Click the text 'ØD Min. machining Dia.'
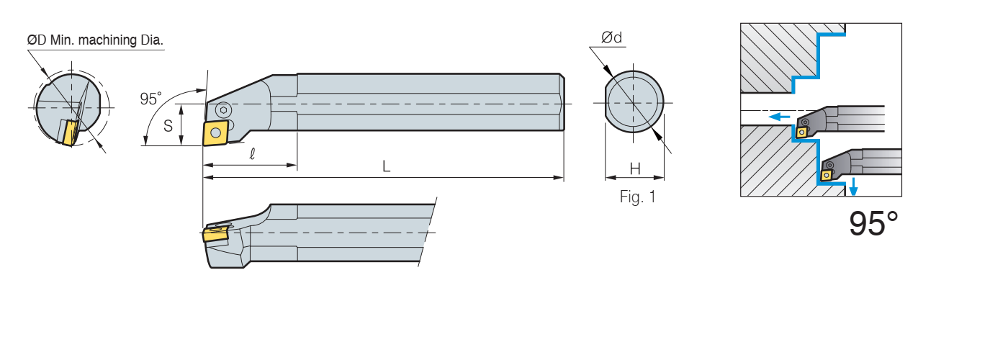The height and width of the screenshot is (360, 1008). [95, 40]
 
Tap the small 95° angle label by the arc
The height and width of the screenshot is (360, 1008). [150, 99]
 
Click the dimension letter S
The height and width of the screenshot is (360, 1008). [168, 126]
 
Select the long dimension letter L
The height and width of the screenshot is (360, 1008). [386, 166]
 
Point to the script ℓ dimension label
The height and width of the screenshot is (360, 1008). [252, 154]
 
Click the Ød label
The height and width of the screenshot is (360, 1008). [612, 37]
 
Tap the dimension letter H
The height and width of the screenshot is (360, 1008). [635, 169]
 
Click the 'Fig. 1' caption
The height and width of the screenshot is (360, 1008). [638, 197]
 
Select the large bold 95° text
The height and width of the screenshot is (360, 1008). [873, 224]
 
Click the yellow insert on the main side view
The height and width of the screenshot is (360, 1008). [217, 132]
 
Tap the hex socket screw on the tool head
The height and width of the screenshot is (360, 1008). [222, 109]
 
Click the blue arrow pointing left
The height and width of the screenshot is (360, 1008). [779, 117]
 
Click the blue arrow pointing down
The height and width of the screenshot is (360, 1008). [852, 186]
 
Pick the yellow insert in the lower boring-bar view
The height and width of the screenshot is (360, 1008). [214, 235]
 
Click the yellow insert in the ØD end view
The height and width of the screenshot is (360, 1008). [70, 132]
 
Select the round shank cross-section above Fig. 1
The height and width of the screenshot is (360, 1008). [634, 102]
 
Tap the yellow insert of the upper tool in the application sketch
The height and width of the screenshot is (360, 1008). [801, 132]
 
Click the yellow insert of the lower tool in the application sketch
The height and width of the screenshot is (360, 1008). [827, 175]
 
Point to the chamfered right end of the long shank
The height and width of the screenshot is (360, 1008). [562, 102]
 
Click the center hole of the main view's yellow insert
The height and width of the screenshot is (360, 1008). [217, 132]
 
